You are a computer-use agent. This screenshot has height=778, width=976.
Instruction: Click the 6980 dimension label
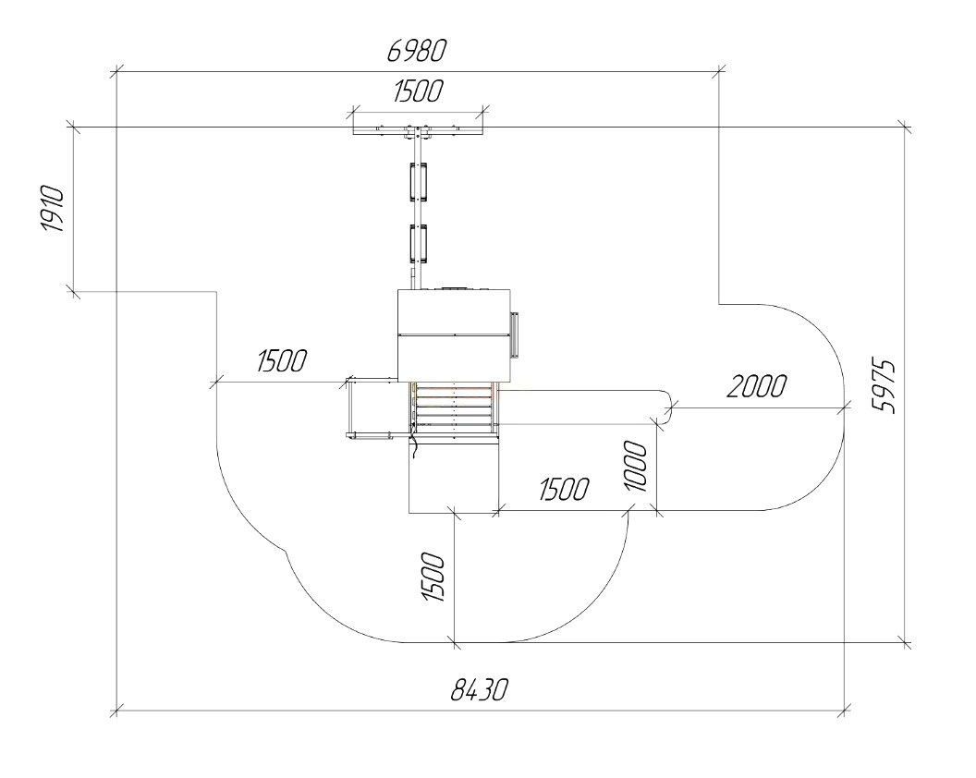[x=417, y=51]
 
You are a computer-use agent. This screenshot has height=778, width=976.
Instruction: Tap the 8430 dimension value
[x=479, y=689]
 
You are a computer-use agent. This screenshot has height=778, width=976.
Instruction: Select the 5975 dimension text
[x=884, y=386]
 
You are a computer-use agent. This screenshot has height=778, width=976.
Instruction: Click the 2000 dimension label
[x=756, y=386]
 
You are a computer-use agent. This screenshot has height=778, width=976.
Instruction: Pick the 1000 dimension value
[x=636, y=466]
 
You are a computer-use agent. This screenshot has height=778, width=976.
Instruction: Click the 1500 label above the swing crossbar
[x=418, y=91]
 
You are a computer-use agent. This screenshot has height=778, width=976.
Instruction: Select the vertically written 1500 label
[x=433, y=577]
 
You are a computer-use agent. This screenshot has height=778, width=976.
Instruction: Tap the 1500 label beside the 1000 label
[x=563, y=489]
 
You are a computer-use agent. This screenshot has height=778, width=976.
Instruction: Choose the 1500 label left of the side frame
[x=281, y=360]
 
